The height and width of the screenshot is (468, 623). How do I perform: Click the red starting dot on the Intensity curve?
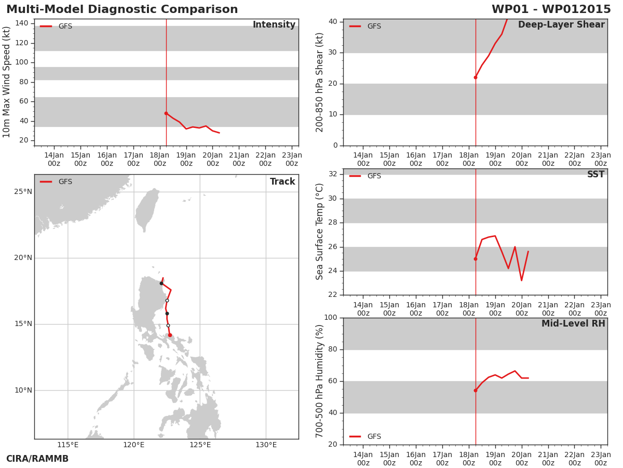pyautogui.click(x=166, y=113)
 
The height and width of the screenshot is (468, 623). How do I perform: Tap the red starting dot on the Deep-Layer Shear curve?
pyautogui.click(x=476, y=77)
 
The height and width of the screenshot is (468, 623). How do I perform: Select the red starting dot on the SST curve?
pyautogui.click(x=476, y=259)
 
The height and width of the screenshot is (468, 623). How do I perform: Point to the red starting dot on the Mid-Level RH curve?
pyautogui.click(x=476, y=391)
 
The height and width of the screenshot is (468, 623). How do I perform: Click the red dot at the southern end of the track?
pyautogui.click(x=170, y=335)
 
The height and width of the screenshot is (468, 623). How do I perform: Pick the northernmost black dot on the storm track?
pyautogui.click(x=161, y=283)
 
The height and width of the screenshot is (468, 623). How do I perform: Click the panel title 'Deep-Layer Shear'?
pyautogui.click(x=561, y=25)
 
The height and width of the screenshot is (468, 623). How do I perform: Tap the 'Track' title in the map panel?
pyautogui.click(x=282, y=181)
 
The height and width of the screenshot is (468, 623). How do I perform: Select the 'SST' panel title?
pyautogui.click(x=596, y=174)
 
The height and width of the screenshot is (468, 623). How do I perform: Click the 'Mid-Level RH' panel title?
pyautogui.click(x=573, y=323)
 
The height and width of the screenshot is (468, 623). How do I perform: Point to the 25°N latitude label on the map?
pyautogui.click(x=23, y=192)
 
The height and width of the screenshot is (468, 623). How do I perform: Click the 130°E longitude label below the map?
pyautogui.click(x=266, y=445)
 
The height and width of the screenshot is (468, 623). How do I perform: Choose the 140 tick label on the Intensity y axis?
pyautogui.click(x=22, y=23)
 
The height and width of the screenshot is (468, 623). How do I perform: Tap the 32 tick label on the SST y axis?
pyautogui.click(x=333, y=174)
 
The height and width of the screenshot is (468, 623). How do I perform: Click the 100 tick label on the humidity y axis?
pyautogui.click(x=331, y=317)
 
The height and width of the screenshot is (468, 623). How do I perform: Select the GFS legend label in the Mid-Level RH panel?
pyautogui.click(x=374, y=436)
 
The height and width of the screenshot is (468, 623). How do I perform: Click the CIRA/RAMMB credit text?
pyautogui.click(x=37, y=459)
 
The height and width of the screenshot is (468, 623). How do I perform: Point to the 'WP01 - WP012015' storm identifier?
pyautogui.click(x=551, y=9)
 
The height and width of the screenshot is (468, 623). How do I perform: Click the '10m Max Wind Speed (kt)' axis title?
pyautogui.click(x=6, y=82)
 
